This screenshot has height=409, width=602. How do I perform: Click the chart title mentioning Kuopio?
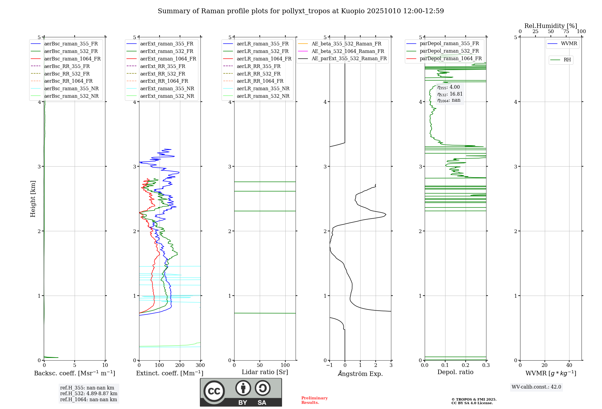tap(301, 11)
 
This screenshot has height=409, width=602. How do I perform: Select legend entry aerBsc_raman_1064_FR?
tap(72, 59)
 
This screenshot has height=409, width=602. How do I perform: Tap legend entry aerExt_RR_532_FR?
tap(163, 74)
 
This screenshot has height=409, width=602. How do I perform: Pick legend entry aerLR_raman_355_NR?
tap(263, 88)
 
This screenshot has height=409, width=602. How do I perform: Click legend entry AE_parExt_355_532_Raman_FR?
tap(349, 58)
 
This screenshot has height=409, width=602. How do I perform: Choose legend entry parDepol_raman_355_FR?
tap(449, 44)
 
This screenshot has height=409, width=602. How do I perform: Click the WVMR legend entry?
tap(569, 44)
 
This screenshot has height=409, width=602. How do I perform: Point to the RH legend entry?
tap(567, 60)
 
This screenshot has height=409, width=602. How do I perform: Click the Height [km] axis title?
tap(33, 199)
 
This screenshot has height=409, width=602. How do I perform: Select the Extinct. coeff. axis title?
tap(170, 373)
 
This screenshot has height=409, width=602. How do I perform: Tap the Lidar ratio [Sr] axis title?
tap(265, 372)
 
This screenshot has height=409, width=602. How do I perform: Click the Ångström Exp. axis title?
tap(360, 374)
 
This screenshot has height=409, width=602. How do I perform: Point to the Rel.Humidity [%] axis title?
tap(551, 26)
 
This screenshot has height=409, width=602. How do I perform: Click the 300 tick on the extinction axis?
tap(200, 365)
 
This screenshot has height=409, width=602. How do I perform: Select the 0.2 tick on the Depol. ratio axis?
tap(466, 365)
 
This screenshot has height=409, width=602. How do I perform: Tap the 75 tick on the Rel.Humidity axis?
tap(566, 32)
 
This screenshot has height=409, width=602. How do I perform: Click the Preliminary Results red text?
tap(314, 400)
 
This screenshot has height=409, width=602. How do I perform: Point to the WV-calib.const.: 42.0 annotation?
tap(536, 387)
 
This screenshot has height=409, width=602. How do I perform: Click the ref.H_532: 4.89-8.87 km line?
tap(88, 393)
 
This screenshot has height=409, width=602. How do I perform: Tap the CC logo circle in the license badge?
tap(214, 391)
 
